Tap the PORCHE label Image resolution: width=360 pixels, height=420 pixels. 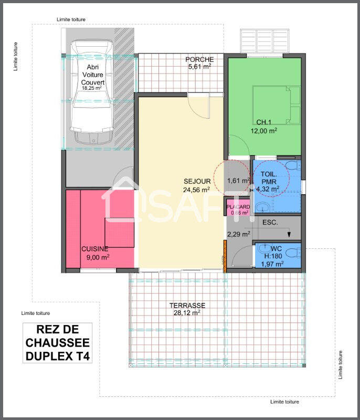[x=199, y=59]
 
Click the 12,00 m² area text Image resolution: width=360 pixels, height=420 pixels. [x=264, y=131]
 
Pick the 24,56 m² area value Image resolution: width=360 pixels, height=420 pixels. [x=196, y=190]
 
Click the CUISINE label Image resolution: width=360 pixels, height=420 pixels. [x=94, y=249]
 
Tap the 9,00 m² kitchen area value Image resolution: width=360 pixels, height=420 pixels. [x=98, y=257]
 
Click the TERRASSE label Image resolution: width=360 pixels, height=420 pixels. [x=187, y=305]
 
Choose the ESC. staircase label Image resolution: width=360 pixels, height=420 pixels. [x=270, y=222]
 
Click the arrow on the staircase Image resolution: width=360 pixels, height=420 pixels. [x=288, y=234]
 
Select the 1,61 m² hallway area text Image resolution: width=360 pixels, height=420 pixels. [x=238, y=181]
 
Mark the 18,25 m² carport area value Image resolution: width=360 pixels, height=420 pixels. [x=93, y=88]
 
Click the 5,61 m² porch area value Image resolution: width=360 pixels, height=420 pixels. [x=199, y=67]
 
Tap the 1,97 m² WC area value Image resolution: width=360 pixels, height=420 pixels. [x=272, y=264]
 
